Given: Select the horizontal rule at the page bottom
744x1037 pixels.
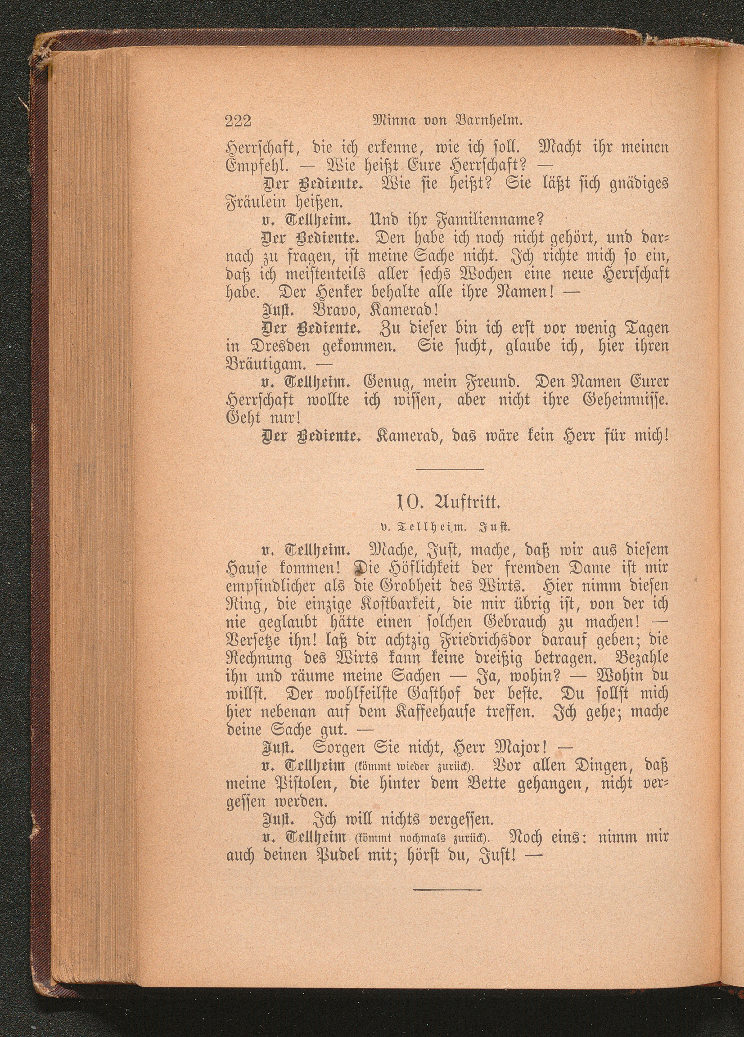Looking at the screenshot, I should (447, 889).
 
